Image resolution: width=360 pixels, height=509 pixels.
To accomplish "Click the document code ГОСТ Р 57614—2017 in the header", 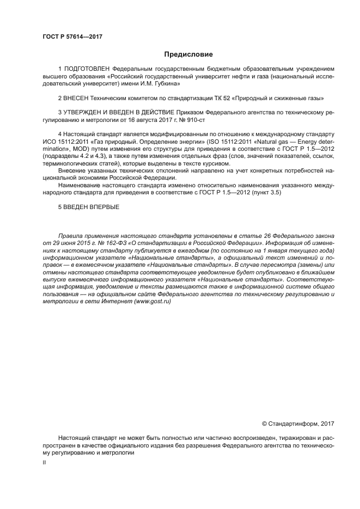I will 72,37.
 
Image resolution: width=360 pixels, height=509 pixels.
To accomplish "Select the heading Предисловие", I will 188,54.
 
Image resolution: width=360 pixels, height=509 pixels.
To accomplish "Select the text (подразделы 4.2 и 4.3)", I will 75,156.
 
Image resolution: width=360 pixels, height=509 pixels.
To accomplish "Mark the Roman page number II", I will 45,462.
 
